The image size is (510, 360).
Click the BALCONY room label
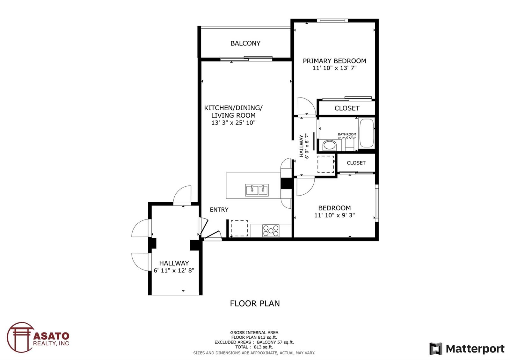click(x=245, y=43)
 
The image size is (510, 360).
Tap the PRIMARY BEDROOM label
click(x=334, y=61)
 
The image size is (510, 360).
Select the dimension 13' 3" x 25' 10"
click(x=233, y=123)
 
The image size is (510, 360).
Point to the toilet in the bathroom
click(x=349, y=144)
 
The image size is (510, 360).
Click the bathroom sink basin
click(x=330, y=145)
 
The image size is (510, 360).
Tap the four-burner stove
click(x=271, y=231)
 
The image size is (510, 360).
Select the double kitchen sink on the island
click(x=257, y=190)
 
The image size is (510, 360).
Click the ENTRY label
click(x=219, y=210)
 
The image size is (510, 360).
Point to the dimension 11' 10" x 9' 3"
click(x=334, y=215)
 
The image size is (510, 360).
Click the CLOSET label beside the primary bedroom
click(x=347, y=108)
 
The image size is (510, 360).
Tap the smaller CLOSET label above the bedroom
click(x=356, y=163)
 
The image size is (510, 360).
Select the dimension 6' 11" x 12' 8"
click(x=174, y=270)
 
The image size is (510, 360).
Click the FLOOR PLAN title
click(x=255, y=303)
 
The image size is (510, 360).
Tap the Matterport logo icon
click(x=436, y=349)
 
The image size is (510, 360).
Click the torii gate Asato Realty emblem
click(x=20, y=337)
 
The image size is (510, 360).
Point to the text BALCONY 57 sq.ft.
click(x=275, y=342)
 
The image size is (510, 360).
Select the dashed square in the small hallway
click(x=326, y=164)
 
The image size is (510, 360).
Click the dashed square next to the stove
click(x=239, y=228)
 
